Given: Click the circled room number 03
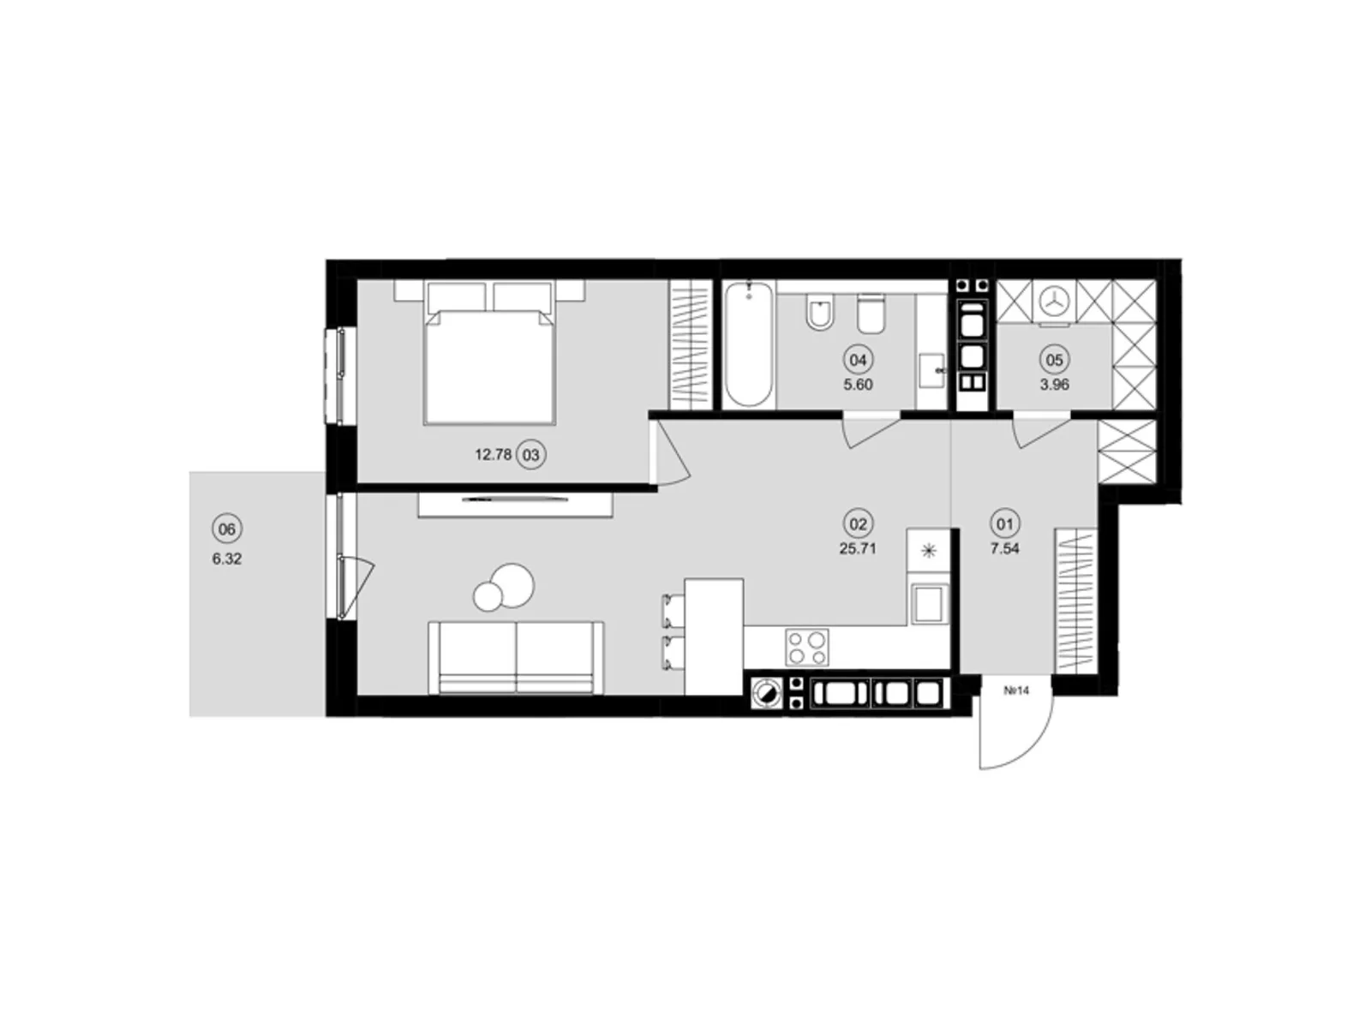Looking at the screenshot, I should pyautogui.click(x=531, y=455).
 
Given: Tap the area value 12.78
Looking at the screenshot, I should pyautogui.click(x=493, y=455).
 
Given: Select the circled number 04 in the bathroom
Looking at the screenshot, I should pyautogui.click(x=857, y=360).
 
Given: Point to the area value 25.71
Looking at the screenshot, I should pyautogui.click(x=857, y=549).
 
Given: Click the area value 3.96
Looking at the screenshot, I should pyautogui.click(x=1055, y=385).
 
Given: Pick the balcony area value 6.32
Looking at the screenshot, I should pyautogui.click(x=227, y=559).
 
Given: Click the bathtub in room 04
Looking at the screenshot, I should pyautogui.click(x=748, y=346).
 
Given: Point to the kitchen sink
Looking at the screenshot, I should pyautogui.click(x=929, y=603).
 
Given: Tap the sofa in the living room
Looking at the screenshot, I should pyautogui.click(x=516, y=658).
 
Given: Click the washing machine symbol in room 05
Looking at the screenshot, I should pyautogui.click(x=1054, y=302).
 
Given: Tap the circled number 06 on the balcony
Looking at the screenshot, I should pyautogui.click(x=226, y=529).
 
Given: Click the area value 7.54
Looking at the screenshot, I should pyautogui.click(x=1004, y=549).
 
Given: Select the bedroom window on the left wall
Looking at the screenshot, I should pyautogui.click(x=334, y=374).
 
